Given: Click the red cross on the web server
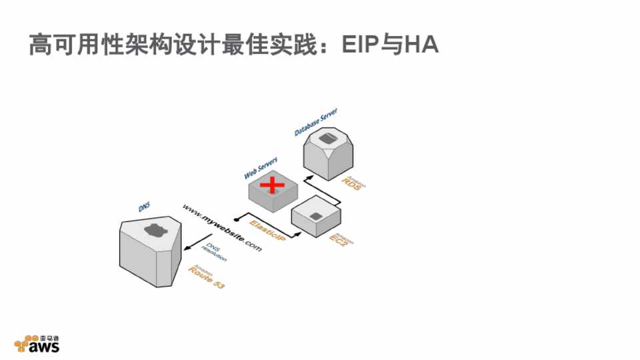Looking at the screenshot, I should coord(271,185).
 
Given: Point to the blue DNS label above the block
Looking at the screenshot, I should coord(144,208).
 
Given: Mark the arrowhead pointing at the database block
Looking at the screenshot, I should coord(307,179).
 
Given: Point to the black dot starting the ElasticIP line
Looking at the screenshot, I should coord(236,218).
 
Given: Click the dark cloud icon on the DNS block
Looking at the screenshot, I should coord(153,231).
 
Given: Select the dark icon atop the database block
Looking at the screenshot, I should coord(326,138).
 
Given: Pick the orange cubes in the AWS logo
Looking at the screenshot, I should coord(22,343).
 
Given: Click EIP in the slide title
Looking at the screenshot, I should coord(360,45).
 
